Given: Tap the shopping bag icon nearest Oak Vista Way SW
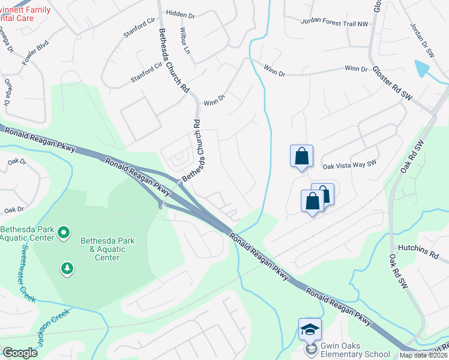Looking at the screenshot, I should click(x=301, y=156).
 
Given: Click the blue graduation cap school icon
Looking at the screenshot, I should click(x=310, y=329).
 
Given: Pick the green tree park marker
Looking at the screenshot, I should click(x=67, y=268).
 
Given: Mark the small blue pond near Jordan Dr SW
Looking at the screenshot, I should click(x=423, y=68).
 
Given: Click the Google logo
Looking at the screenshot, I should click(x=20, y=353).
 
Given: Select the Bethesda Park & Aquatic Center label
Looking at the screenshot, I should click(x=106, y=249).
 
